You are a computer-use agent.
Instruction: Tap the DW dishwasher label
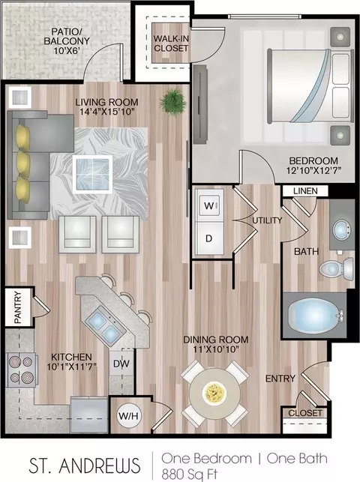click(121, 364)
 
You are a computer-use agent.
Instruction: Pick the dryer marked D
click(209, 238)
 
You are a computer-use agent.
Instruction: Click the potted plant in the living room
click(172, 102)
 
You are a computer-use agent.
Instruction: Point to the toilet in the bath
click(336, 269)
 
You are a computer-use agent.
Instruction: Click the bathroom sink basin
click(342, 229)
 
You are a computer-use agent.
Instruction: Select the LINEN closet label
click(305, 190)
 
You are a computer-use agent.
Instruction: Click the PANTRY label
click(18, 307)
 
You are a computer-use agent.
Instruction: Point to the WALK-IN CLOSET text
click(171, 43)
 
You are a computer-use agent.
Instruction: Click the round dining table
click(214, 392)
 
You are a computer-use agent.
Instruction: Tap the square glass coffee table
click(92, 175)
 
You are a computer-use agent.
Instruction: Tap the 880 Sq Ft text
click(190, 473)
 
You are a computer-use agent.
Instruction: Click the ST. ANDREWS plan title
click(85, 466)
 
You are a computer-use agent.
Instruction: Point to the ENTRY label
click(280, 379)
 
